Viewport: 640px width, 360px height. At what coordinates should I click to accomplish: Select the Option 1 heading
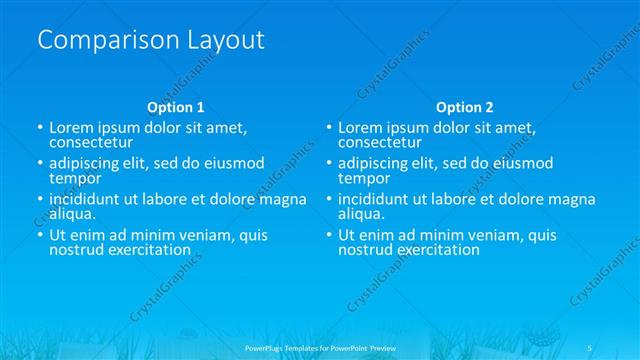[175, 107]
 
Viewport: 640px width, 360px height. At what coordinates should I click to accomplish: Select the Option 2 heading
[465, 107]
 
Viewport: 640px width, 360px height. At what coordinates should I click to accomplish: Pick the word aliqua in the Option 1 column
[72, 213]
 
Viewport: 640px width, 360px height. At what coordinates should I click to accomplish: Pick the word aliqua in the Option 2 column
[361, 213]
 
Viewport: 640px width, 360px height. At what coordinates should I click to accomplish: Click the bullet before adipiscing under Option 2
[329, 164]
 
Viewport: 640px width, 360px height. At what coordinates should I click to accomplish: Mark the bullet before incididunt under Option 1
[40, 200]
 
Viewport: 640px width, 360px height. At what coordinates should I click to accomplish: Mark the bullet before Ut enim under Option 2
[329, 236]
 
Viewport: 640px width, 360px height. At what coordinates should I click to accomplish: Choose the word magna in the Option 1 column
[283, 199]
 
